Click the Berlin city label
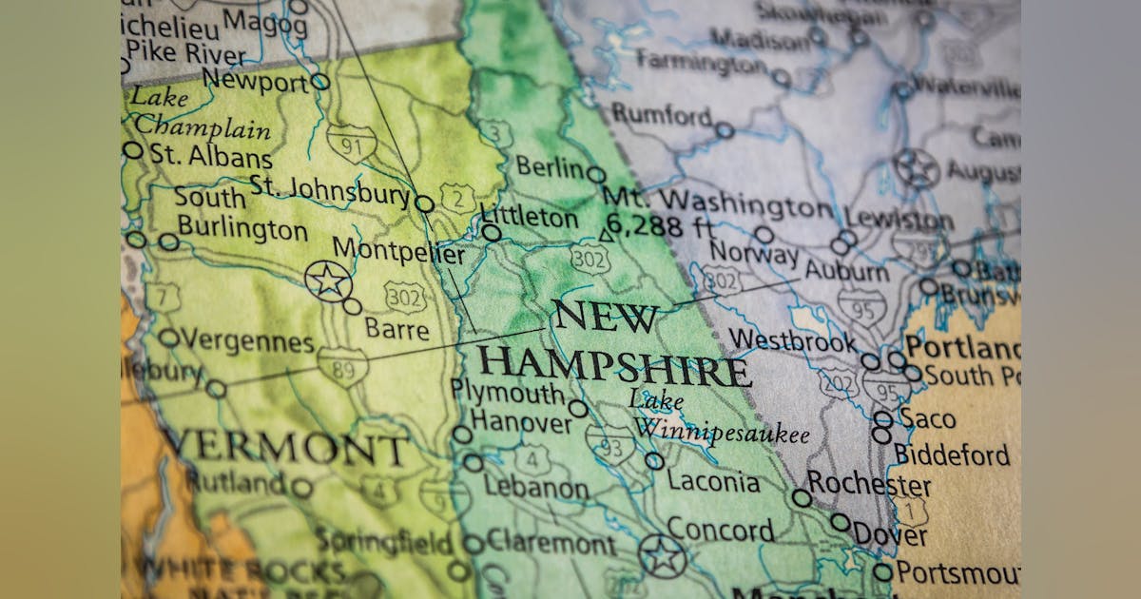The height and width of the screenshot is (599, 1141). [551, 167]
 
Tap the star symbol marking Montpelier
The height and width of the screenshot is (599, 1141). [328, 280]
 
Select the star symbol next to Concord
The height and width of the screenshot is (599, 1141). [662, 555]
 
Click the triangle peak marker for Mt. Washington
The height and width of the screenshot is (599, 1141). [606, 234]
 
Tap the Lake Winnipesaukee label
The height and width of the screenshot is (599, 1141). [720, 417]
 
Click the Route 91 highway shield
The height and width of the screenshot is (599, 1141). [351, 143]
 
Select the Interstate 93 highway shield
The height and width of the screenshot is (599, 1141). [609, 443]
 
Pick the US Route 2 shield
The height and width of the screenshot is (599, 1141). [457, 199]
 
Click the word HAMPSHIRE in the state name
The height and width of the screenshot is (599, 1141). [613, 365]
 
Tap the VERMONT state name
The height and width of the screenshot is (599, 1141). [285, 446]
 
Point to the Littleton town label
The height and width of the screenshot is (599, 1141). [529, 217]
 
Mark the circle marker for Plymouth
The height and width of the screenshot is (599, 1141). [578, 409]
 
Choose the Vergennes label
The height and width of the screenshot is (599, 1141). [246, 340]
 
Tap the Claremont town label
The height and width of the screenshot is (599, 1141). [551, 544]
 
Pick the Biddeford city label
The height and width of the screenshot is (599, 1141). [952, 454]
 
